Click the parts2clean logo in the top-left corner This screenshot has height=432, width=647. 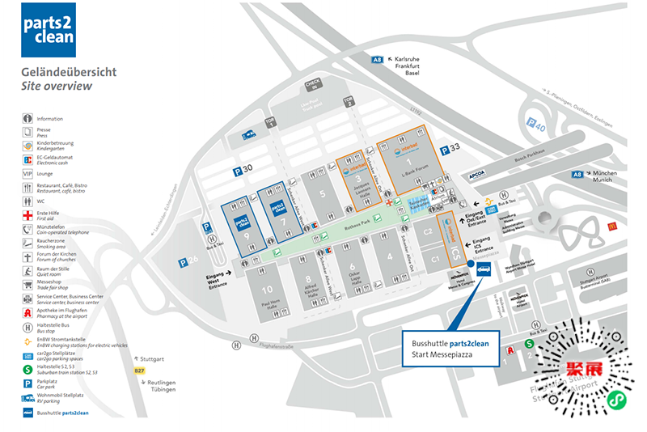(48, 30)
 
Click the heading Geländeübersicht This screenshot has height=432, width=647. (69, 71)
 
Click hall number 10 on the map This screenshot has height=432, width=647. (267, 289)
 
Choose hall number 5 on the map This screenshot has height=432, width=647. (322, 193)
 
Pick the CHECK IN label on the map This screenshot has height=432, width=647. (313, 85)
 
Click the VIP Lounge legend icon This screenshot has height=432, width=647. (27, 173)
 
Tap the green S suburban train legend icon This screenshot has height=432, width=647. (27, 370)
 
